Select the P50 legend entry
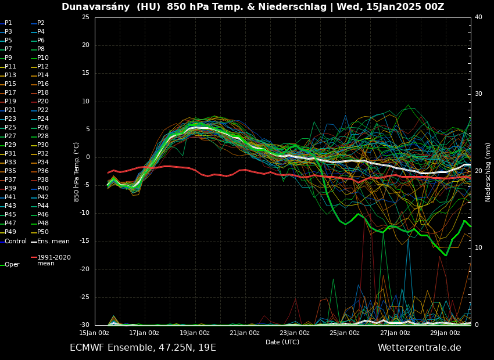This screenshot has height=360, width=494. (x=43, y=232)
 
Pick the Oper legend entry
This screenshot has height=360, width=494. (x=12, y=265)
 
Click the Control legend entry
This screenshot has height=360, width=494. (x=15, y=241)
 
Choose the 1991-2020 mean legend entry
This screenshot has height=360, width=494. (x=53, y=260)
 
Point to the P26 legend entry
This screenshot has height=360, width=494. (x=43, y=128)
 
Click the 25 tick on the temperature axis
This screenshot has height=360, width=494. (x=85, y=17)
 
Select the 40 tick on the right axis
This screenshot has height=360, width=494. (x=478, y=17)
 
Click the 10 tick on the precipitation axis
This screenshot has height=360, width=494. (x=478, y=248)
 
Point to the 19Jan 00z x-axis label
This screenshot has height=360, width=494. (x=194, y=333)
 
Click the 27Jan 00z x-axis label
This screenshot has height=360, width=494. (x=395, y=333)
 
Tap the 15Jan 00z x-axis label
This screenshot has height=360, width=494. (x=94, y=333)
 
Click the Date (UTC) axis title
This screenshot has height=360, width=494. (x=282, y=342)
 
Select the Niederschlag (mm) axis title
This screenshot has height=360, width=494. (x=488, y=172)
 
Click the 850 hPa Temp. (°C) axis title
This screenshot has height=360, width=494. (x=76, y=172)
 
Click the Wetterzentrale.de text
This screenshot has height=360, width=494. (x=419, y=348)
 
